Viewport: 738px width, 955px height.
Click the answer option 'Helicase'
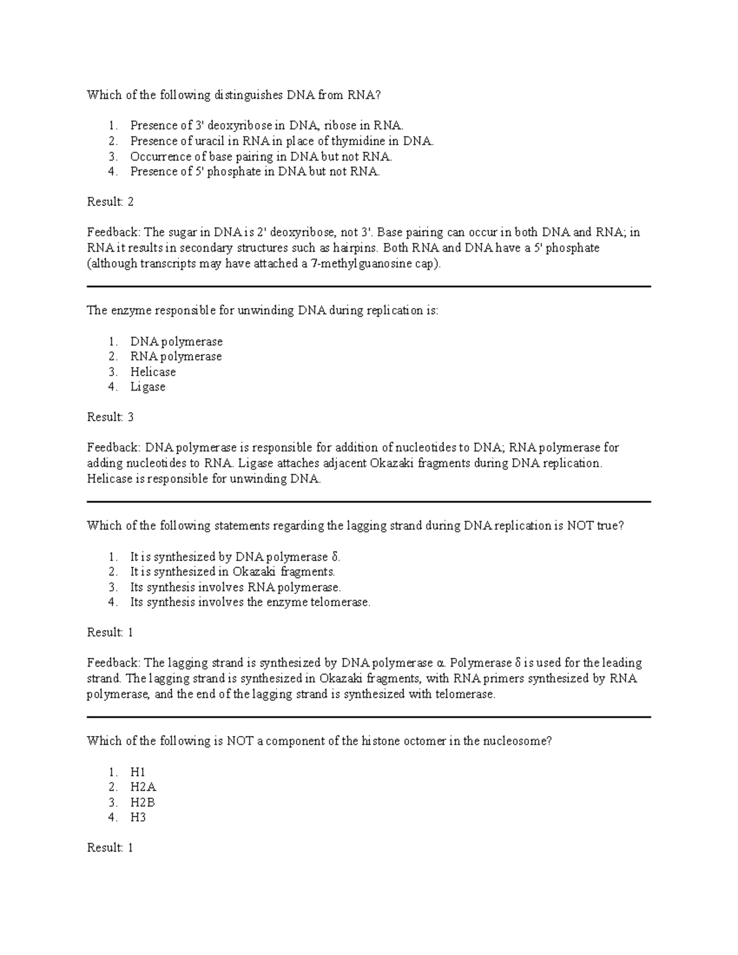pyautogui.click(x=153, y=372)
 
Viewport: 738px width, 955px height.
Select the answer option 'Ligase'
pyautogui.click(x=148, y=387)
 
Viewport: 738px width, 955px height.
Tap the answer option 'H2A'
pyautogui.click(x=143, y=787)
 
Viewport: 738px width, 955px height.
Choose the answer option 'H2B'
pyautogui.click(x=143, y=802)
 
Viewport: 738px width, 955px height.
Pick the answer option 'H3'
pyautogui.click(x=138, y=817)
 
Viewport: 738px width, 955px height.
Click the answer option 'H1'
pyautogui.click(x=138, y=772)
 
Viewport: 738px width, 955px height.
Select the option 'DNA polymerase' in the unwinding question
pyautogui.click(x=176, y=341)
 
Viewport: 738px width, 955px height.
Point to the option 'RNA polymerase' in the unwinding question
pyautogui.click(x=176, y=357)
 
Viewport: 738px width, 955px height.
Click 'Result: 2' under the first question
pyautogui.click(x=110, y=202)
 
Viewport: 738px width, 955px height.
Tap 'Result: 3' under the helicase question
pyautogui.click(x=110, y=417)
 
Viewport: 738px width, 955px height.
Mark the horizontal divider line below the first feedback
pyautogui.click(x=369, y=287)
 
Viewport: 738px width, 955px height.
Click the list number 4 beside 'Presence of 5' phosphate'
pyautogui.click(x=112, y=172)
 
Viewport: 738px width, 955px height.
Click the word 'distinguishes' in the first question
pyautogui.click(x=248, y=95)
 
